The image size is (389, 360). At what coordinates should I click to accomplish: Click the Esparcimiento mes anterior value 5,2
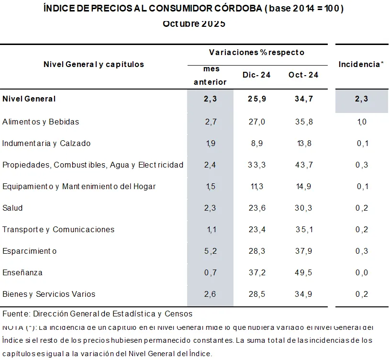(211, 251)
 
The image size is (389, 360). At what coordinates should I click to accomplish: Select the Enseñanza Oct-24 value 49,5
(303, 273)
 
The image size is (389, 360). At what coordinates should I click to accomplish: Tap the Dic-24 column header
(256, 75)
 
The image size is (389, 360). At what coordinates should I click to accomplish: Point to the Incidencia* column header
(361, 64)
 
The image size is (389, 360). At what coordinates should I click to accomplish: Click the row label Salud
(12, 208)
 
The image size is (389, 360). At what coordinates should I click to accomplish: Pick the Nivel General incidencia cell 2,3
(361, 99)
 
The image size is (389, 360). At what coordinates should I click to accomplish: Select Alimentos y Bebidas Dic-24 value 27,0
(256, 122)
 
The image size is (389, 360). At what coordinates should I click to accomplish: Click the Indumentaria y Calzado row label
(46, 144)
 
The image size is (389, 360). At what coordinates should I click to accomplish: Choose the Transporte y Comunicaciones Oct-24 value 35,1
(303, 230)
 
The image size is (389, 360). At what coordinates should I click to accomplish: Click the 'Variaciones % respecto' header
(256, 52)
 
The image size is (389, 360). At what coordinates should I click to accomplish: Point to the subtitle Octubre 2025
(194, 23)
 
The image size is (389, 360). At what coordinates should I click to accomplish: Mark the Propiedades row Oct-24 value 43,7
(303, 165)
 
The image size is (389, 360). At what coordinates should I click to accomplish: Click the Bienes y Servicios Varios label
(49, 294)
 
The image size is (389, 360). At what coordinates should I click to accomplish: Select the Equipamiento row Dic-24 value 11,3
(256, 187)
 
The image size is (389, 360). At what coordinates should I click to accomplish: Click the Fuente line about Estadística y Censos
(97, 314)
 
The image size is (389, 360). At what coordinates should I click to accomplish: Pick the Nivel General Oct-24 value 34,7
(303, 99)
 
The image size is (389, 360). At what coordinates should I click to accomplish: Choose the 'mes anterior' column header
(210, 75)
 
